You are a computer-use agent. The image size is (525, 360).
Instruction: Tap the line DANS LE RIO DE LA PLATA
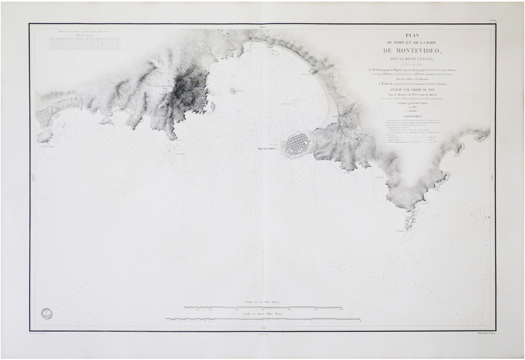411,59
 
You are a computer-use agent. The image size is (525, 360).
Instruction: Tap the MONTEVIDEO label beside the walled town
267,149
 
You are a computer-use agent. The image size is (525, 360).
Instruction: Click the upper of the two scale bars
262,308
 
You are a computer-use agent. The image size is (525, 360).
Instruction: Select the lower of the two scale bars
262,319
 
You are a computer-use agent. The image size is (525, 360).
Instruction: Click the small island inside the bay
233,90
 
